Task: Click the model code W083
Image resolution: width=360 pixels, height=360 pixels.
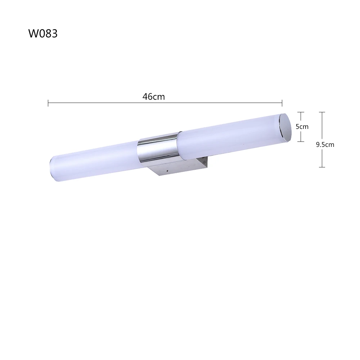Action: click(x=43, y=33)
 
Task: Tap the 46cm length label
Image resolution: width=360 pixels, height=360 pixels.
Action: click(x=154, y=96)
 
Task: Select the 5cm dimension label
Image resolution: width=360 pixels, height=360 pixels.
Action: click(x=302, y=126)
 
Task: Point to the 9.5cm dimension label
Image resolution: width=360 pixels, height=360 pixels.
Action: click(x=325, y=145)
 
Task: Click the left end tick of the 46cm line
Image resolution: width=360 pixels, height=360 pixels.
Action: click(x=48, y=103)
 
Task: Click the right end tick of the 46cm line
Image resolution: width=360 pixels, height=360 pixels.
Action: click(x=282, y=103)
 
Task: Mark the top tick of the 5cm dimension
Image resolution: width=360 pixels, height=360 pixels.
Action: click(x=301, y=112)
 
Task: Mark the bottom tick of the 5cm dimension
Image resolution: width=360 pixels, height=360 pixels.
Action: click(x=301, y=141)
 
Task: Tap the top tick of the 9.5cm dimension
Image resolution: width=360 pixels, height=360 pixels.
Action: click(x=322, y=112)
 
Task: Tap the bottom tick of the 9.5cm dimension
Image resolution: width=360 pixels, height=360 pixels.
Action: click(x=322, y=167)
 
